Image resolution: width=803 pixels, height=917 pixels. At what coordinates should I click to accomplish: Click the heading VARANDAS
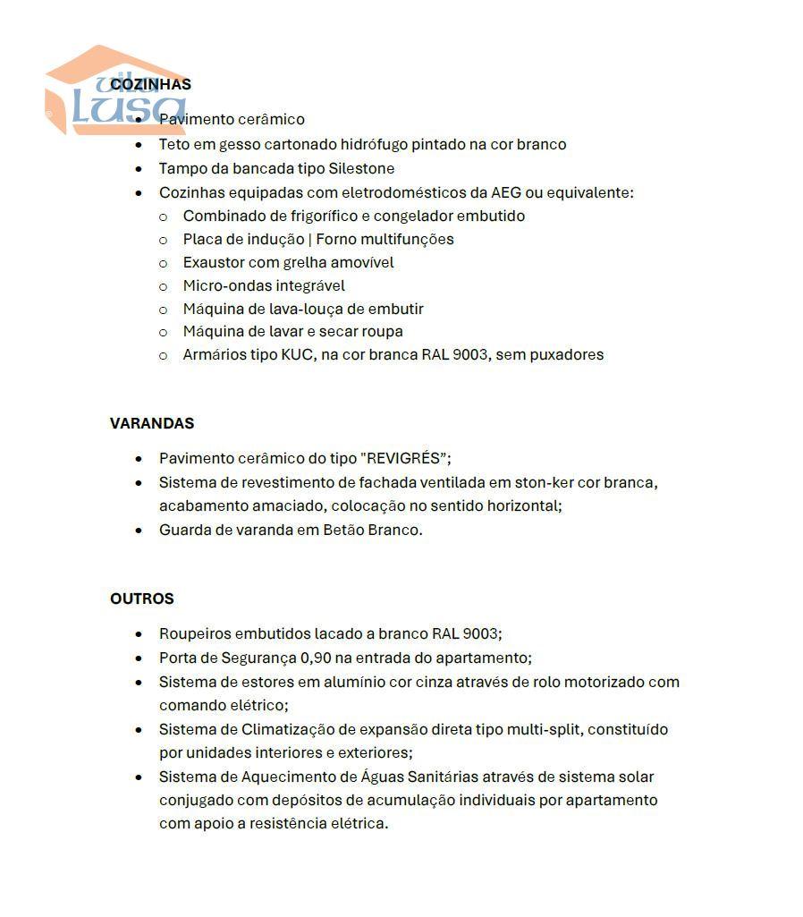coord(152,423)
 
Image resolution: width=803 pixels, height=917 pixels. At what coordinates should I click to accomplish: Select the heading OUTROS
coord(142,599)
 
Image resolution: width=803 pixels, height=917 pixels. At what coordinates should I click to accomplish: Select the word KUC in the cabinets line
coord(297,354)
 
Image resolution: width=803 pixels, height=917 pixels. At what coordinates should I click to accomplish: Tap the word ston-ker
coord(543,482)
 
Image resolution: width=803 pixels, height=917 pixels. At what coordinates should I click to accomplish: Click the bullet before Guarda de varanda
coord(139,530)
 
